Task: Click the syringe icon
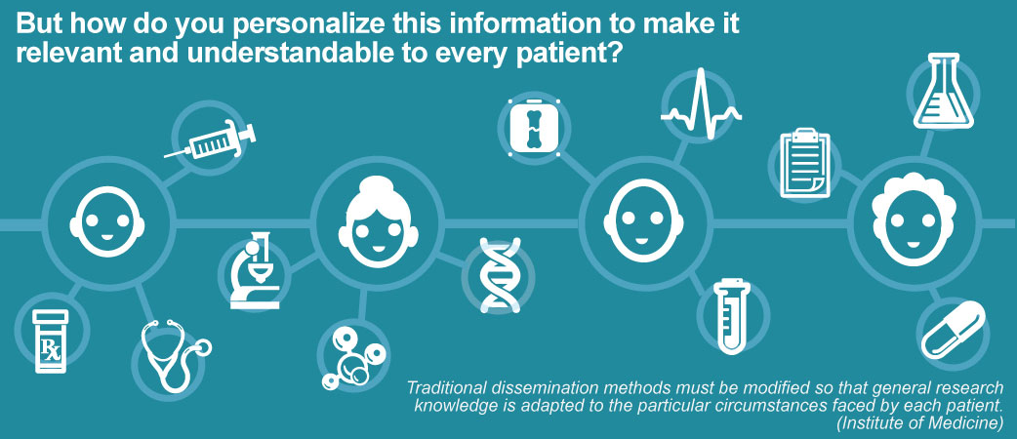pos(210,140)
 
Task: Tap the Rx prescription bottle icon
pos(51,341)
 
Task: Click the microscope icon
pos(255,270)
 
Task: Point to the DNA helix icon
pos(500,275)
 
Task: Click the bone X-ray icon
pos(534,127)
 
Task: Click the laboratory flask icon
pos(943,91)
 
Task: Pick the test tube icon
pos(731,316)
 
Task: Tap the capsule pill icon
pos(954,329)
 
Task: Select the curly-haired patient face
pos(913,219)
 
